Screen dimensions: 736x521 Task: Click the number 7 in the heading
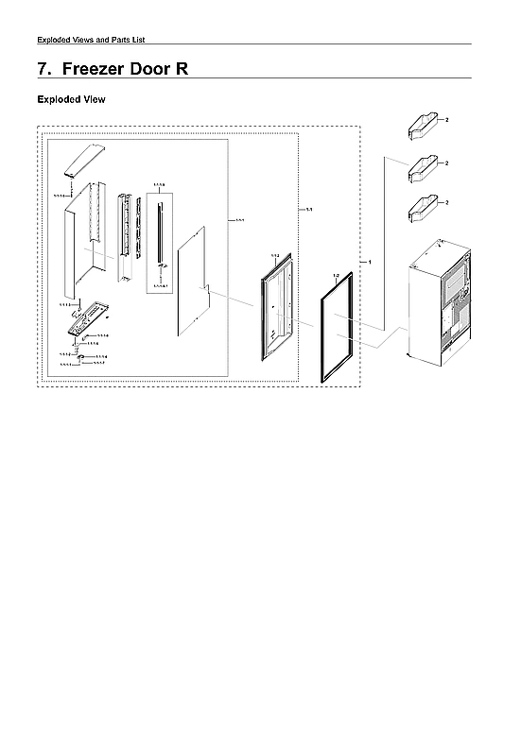coord(43,69)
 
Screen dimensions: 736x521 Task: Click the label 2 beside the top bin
coord(446,121)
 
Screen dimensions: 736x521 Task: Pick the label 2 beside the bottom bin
coord(446,202)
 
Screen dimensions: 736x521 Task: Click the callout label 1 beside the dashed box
coord(370,260)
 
